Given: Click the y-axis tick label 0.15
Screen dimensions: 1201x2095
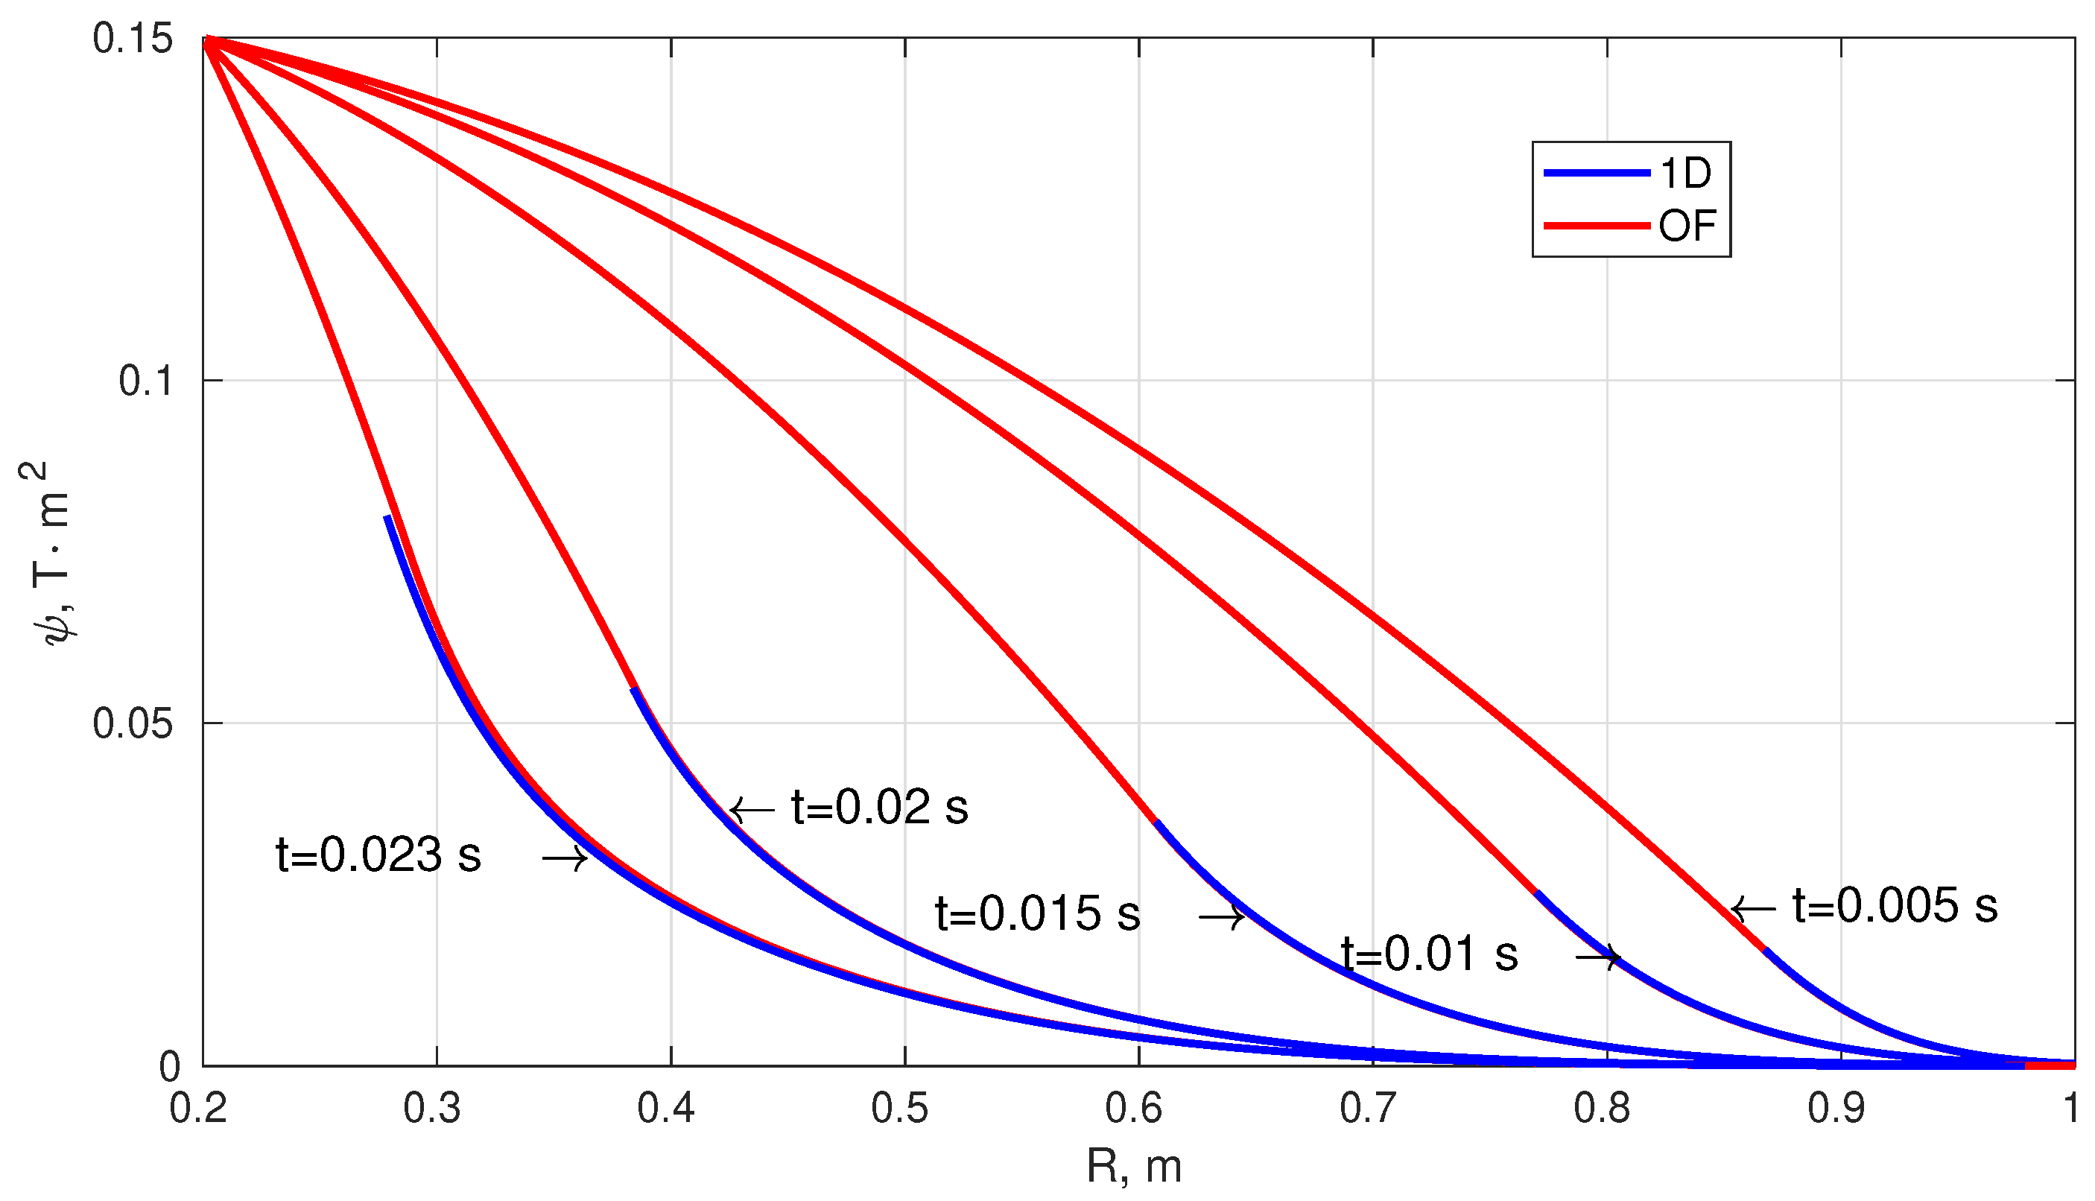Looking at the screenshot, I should click(133, 39).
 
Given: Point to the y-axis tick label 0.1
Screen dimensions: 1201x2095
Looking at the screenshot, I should click(145, 381).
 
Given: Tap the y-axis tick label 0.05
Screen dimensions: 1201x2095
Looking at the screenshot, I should click(133, 723).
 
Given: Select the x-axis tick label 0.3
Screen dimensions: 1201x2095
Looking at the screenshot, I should click(432, 1108).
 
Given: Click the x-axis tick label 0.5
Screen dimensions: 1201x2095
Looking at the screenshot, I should click(900, 1108).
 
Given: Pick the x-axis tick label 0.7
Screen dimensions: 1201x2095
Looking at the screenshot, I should click(1369, 1108).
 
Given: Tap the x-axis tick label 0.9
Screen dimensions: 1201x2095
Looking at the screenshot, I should click(1836, 1108).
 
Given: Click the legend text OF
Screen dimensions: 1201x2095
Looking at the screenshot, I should click(1687, 226).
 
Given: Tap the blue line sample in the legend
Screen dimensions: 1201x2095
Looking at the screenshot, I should click(1596, 173).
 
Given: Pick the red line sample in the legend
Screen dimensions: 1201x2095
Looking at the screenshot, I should click(1596, 226).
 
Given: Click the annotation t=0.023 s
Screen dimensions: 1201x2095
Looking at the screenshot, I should click(378, 855).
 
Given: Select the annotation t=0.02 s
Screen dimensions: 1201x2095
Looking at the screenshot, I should click(879, 807).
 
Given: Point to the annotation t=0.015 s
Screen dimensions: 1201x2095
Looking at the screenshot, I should click(1038, 913).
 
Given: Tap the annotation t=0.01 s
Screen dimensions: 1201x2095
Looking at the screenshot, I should click(1430, 954).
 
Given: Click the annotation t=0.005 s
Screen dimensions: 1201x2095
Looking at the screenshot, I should click(1895, 905).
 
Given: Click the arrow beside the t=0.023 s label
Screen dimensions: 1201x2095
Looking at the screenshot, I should click(565, 860).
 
